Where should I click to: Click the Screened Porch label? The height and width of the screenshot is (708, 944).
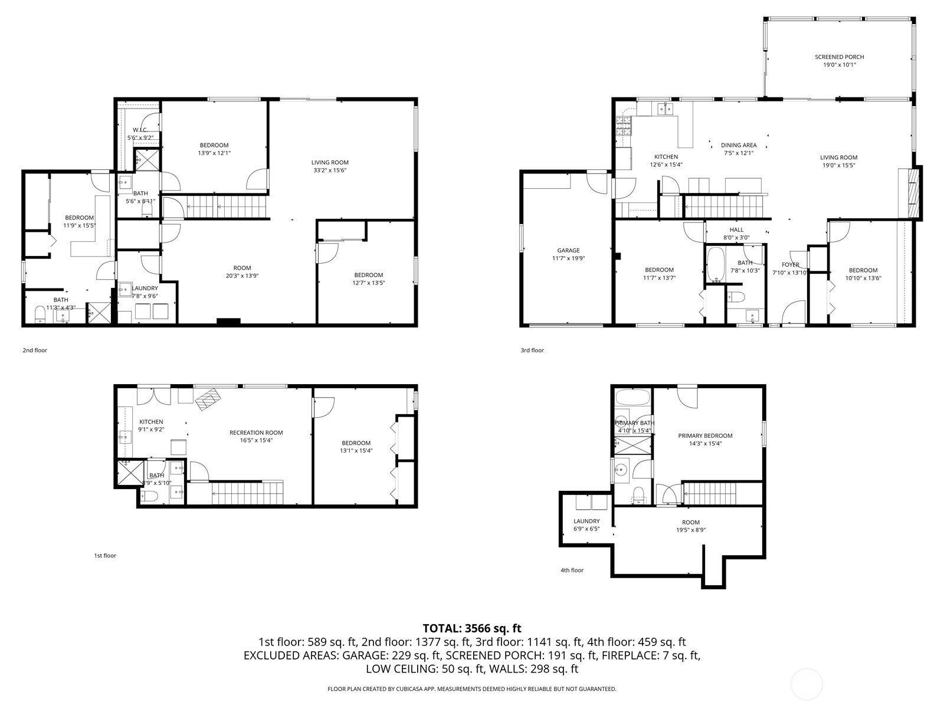coord(839,57)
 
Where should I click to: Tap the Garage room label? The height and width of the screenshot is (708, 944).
coord(568,250)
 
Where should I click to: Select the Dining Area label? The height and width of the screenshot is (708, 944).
coord(739,145)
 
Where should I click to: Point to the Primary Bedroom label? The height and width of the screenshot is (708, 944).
coord(705,435)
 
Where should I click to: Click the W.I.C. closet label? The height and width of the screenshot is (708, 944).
coord(140,130)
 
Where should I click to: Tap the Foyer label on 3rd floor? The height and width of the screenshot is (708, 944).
coord(790,265)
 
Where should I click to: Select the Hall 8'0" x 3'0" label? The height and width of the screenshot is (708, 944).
coord(736,234)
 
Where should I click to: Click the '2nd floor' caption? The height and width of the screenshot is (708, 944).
coord(35,350)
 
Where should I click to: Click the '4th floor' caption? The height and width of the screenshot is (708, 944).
coord(572,570)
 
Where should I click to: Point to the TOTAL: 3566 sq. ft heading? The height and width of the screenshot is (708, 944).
coord(472,628)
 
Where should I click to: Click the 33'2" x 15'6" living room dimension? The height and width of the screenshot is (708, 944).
coord(330,171)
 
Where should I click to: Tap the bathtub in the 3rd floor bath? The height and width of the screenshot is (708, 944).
coord(715,265)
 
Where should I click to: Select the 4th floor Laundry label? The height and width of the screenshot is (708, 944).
coord(586,521)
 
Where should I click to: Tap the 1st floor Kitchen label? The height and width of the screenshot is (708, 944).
coord(151,422)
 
